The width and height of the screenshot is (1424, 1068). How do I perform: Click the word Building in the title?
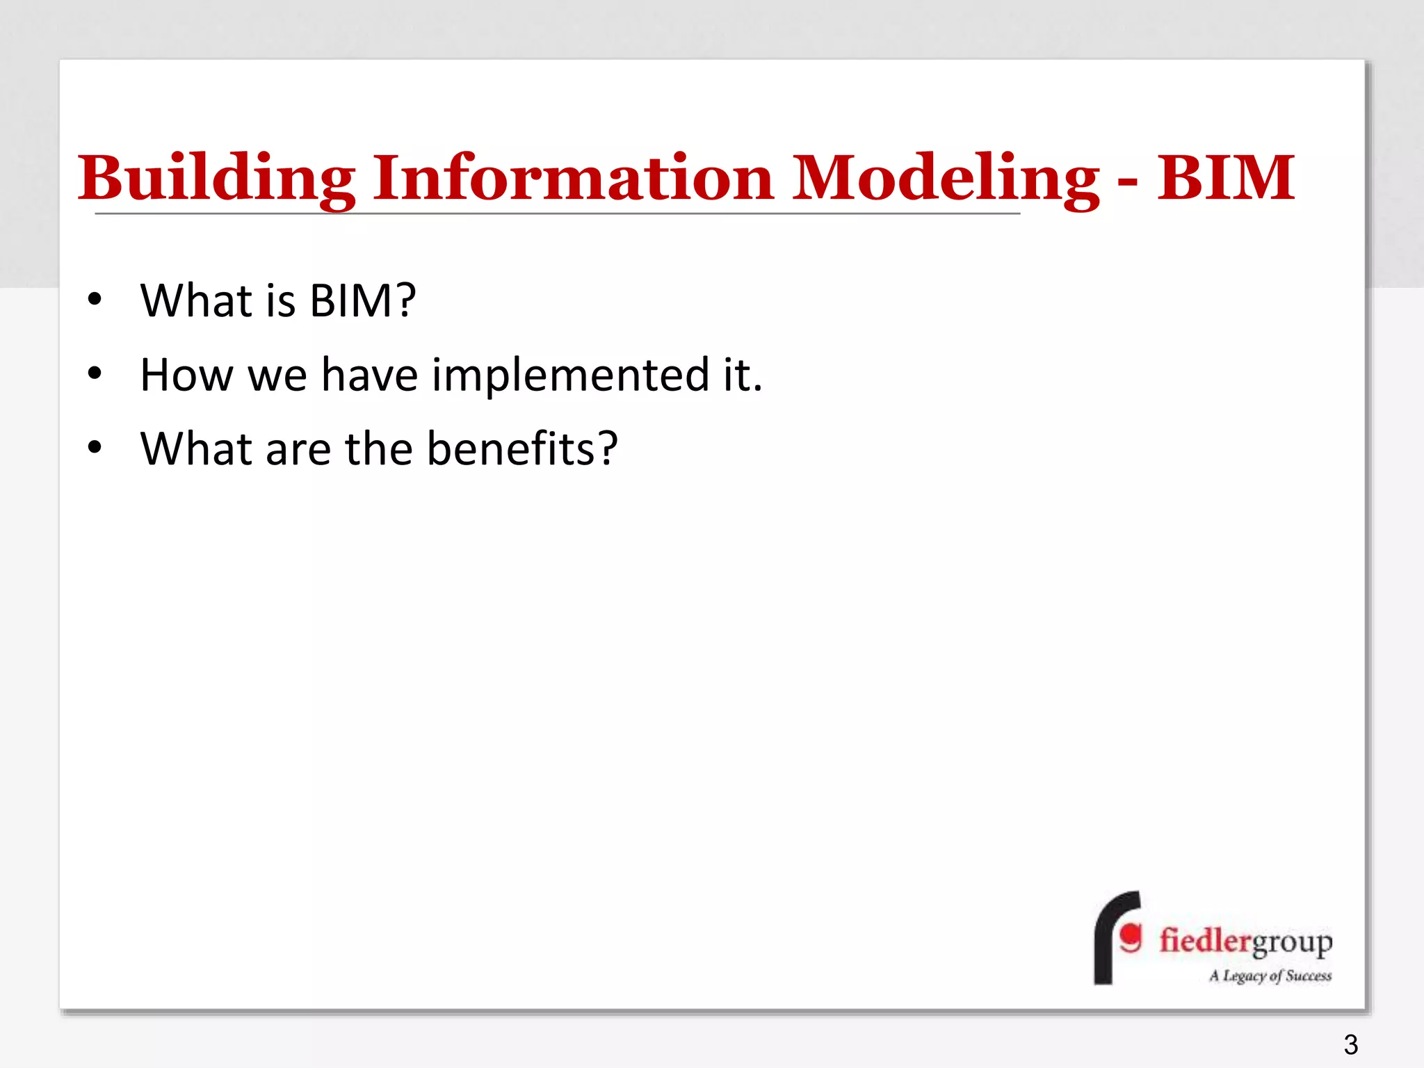coord(216,178)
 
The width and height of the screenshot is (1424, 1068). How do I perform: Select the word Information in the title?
coord(573,178)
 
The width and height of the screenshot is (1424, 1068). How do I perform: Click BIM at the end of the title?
coord(1226,178)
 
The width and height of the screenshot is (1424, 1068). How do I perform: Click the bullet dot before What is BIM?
coord(95,301)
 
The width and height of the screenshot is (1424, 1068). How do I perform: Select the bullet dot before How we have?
coord(95,375)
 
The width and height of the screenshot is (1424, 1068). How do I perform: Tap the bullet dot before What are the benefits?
coord(95,448)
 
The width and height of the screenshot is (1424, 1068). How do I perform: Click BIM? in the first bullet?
coord(362,301)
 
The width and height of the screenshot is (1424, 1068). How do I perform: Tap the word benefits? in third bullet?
coord(521,448)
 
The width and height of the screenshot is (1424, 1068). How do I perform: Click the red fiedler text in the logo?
coord(1205,941)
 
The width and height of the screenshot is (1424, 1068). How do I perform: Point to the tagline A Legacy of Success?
coord(1270,976)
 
